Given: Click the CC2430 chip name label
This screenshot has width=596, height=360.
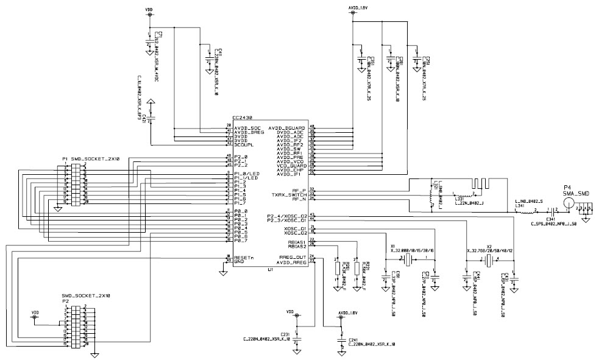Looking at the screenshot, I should [243, 118].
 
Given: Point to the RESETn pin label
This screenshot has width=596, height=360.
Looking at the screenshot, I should [244, 257].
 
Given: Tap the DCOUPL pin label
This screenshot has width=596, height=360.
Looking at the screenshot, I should [244, 144].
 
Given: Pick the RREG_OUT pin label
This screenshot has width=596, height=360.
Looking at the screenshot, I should [292, 257].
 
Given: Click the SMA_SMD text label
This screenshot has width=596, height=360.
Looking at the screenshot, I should [575, 192].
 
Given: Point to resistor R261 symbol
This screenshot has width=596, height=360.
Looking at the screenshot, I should [336, 269].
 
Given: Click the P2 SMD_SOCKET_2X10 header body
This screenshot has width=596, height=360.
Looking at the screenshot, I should [75, 327].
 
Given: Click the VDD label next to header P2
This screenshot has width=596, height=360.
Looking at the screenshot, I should [35, 312].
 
